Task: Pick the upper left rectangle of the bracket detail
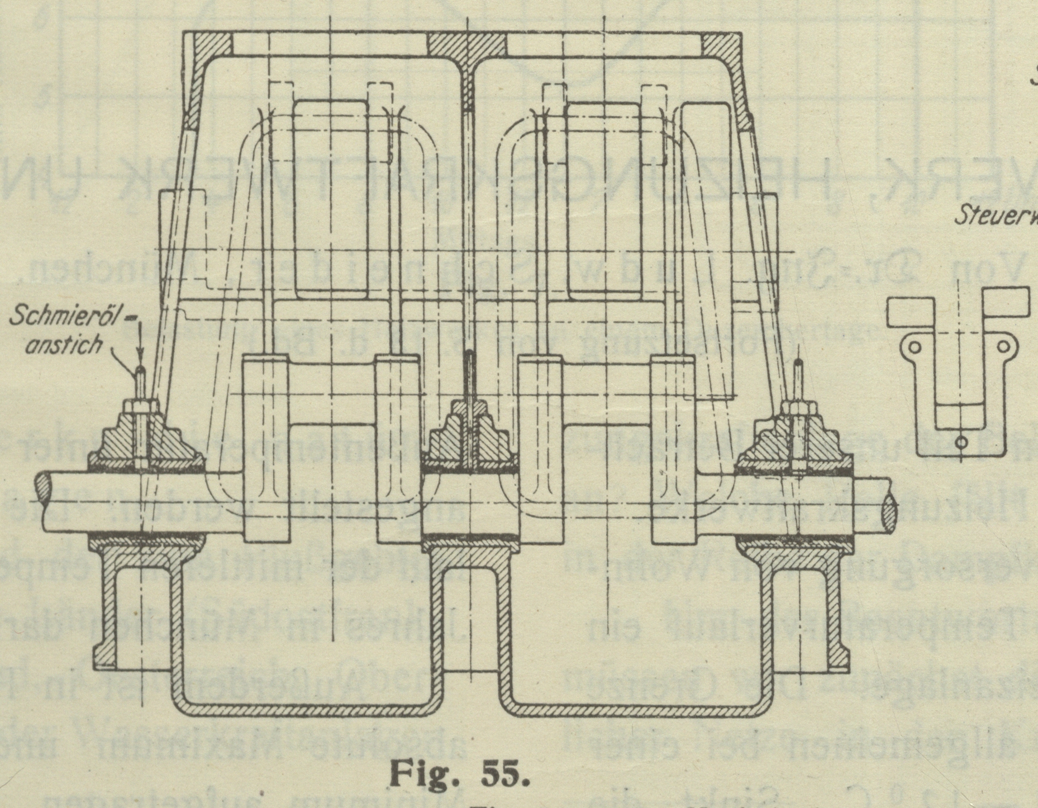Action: click(910, 313)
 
